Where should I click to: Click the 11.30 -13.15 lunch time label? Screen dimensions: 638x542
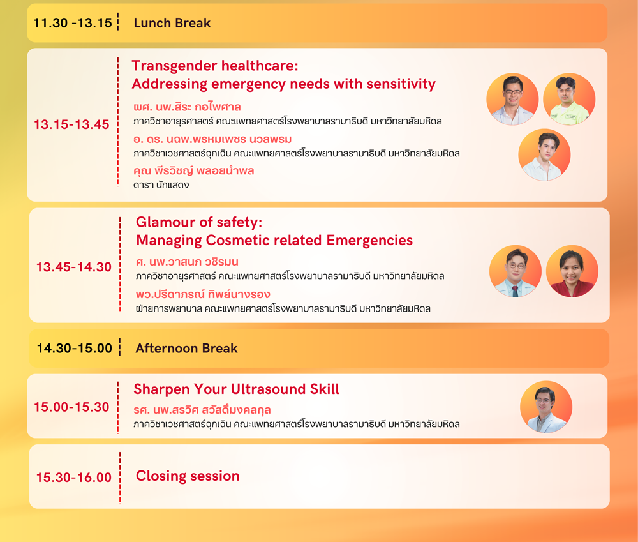[73, 23]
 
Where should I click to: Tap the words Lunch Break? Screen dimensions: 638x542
[172, 23]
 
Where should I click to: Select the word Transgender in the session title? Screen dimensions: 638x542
[174, 66]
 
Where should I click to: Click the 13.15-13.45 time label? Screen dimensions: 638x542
[71, 124]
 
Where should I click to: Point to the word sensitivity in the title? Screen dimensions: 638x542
[401, 84]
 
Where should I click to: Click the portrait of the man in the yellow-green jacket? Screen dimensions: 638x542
[569, 99]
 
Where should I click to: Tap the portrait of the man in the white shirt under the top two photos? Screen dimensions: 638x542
[544, 154]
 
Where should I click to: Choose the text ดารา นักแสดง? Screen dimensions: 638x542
[161, 185]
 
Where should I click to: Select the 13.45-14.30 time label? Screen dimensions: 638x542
[73, 267]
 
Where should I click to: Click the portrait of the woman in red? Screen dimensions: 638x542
[572, 271]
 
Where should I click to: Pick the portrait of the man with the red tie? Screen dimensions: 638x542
[516, 271]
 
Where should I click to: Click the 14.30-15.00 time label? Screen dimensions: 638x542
[75, 348]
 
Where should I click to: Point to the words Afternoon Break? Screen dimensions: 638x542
[186, 348]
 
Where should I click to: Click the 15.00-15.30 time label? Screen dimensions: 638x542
[71, 407]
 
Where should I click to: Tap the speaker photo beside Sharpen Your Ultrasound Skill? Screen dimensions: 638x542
[546, 407]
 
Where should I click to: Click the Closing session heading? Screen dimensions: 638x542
[188, 476]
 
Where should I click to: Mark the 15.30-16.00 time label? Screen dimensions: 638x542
[73, 478]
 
